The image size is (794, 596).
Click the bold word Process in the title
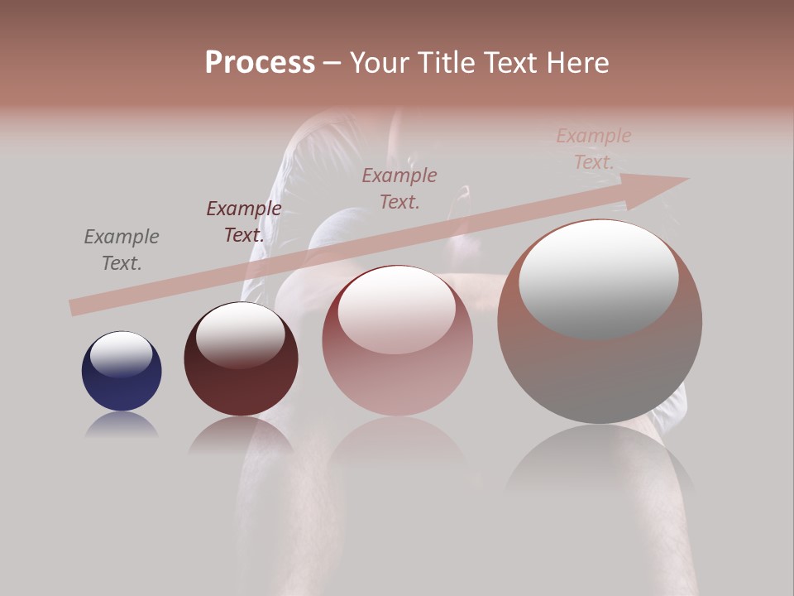260,63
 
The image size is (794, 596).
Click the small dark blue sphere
122,372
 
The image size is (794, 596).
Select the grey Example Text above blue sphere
121,249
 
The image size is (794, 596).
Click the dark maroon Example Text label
243,221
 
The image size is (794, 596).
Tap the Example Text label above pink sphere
399,188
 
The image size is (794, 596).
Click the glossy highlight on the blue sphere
121,354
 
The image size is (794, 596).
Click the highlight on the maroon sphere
240,334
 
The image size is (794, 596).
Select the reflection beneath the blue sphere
122,425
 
